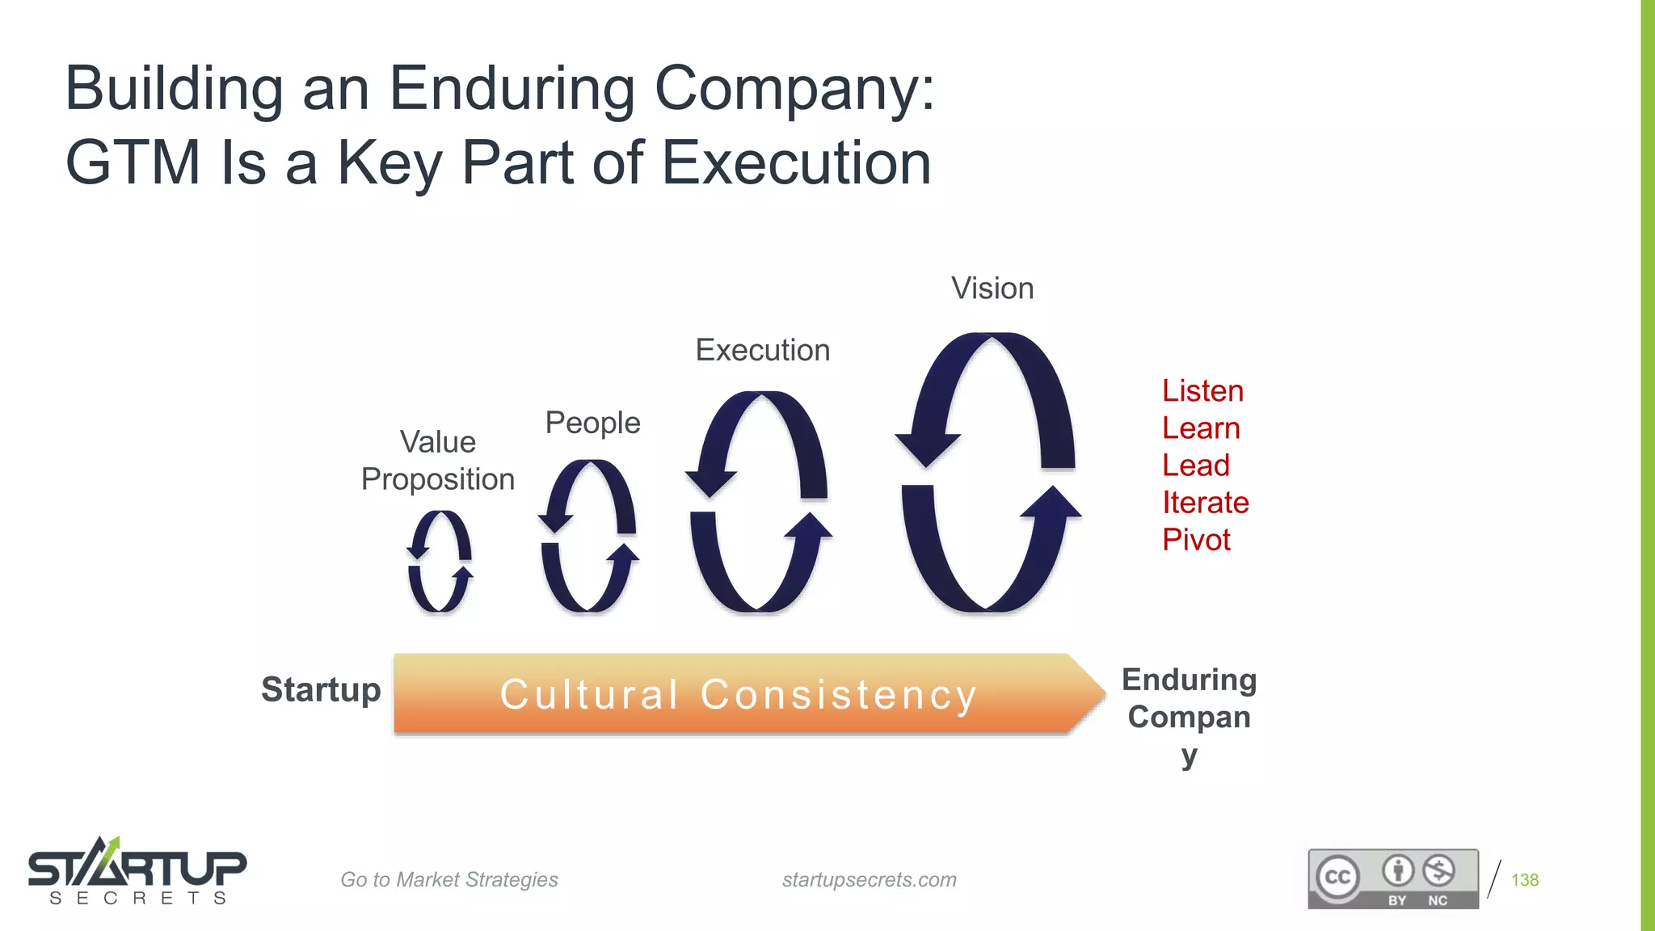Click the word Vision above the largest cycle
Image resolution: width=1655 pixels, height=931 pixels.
992,289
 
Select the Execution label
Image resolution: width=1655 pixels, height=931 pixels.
762,350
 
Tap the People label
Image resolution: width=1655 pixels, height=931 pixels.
592,423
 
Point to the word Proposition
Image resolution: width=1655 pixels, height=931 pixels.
437,479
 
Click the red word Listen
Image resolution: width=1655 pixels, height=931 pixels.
1202,391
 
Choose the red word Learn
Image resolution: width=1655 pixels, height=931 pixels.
1201,428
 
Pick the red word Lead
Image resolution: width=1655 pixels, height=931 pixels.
1195,465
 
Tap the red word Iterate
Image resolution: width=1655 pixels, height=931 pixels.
1205,503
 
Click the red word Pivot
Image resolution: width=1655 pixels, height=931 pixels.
1196,540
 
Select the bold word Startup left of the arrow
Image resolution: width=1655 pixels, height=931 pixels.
321,690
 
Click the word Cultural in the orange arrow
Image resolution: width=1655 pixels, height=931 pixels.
589,694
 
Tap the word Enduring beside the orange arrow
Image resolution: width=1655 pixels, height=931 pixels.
1189,680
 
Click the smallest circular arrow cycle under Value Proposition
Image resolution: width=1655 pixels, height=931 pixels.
440,561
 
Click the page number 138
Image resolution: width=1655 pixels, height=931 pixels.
1524,880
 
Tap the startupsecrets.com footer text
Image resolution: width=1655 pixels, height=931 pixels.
869,879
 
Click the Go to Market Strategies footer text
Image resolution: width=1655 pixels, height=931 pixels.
448,879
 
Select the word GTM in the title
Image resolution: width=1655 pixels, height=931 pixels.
133,163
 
